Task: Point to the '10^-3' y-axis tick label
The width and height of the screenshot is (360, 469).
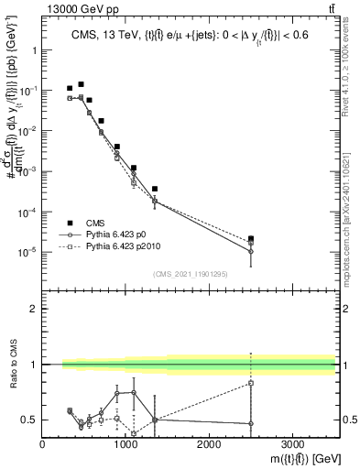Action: [x=27, y=171]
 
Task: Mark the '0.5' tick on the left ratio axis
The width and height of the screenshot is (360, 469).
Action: [x=29, y=420]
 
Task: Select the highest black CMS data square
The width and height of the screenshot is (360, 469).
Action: [x=81, y=84]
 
